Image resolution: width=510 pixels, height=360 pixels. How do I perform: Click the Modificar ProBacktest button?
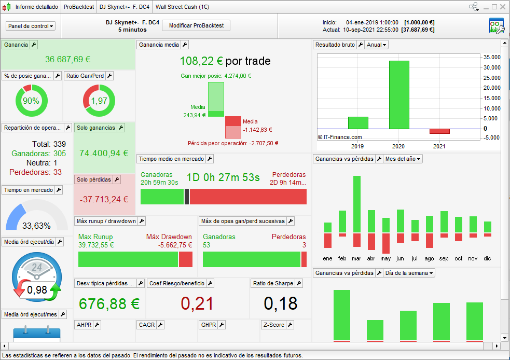click(196, 26)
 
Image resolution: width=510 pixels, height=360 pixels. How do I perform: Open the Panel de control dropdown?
click(31, 26)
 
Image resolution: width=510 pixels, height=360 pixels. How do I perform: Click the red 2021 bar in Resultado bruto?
click(439, 131)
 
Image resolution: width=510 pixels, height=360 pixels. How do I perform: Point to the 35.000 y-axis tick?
click(492, 57)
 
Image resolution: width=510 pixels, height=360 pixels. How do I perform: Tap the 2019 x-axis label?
click(357, 147)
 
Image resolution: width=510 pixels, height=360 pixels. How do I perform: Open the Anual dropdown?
click(377, 45)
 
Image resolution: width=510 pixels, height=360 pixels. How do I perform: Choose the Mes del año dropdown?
click(403, 159)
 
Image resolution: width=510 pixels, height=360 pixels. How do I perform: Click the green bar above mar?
click(356, 204)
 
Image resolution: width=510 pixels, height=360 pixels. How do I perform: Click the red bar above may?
click(385, 243)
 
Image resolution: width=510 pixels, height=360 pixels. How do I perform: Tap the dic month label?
click(487, 258)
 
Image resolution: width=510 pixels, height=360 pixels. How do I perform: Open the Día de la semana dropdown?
click(409, 273)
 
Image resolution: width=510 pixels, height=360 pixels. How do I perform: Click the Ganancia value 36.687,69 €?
click(68, 59)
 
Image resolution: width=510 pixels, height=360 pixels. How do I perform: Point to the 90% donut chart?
click(32, 101)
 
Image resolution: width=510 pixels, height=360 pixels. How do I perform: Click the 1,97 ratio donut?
click(99, 101)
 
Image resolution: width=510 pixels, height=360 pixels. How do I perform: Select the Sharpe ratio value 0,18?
click(281, 303)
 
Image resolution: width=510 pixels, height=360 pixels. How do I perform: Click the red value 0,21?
click(198, 303)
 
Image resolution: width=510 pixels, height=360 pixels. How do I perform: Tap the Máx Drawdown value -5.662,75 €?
click(175, 245)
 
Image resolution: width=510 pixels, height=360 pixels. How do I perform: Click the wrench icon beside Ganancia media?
click(185, 45)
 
